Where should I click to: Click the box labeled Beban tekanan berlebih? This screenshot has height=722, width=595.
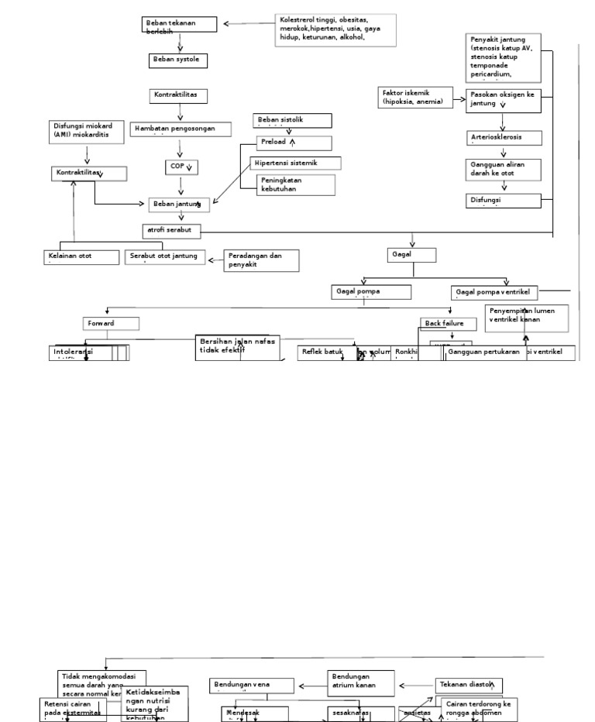[x=180, y=26]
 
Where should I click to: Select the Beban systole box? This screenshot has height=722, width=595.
[x=178, y=60]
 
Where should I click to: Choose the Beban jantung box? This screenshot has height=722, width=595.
[x=180, y=204]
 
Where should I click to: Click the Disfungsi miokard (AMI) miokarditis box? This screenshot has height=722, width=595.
[x=88, y=131]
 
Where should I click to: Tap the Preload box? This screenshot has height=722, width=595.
[x=294, y=143]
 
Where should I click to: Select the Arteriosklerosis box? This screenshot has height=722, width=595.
[x=504, y=137]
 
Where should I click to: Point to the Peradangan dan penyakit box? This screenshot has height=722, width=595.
[x=261, y=260]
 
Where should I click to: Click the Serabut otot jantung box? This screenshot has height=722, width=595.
[x=165, y=256]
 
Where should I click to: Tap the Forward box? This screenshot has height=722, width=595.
[x=110, y=323]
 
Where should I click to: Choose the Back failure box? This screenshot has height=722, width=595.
[x=449, y=323]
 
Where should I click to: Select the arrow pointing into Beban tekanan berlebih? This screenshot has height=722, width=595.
[x=249, y=23]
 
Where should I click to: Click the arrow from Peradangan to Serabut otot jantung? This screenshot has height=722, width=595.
[x=215, y=261]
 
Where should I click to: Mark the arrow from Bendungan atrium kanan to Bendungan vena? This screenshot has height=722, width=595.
[x=311, y=686]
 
